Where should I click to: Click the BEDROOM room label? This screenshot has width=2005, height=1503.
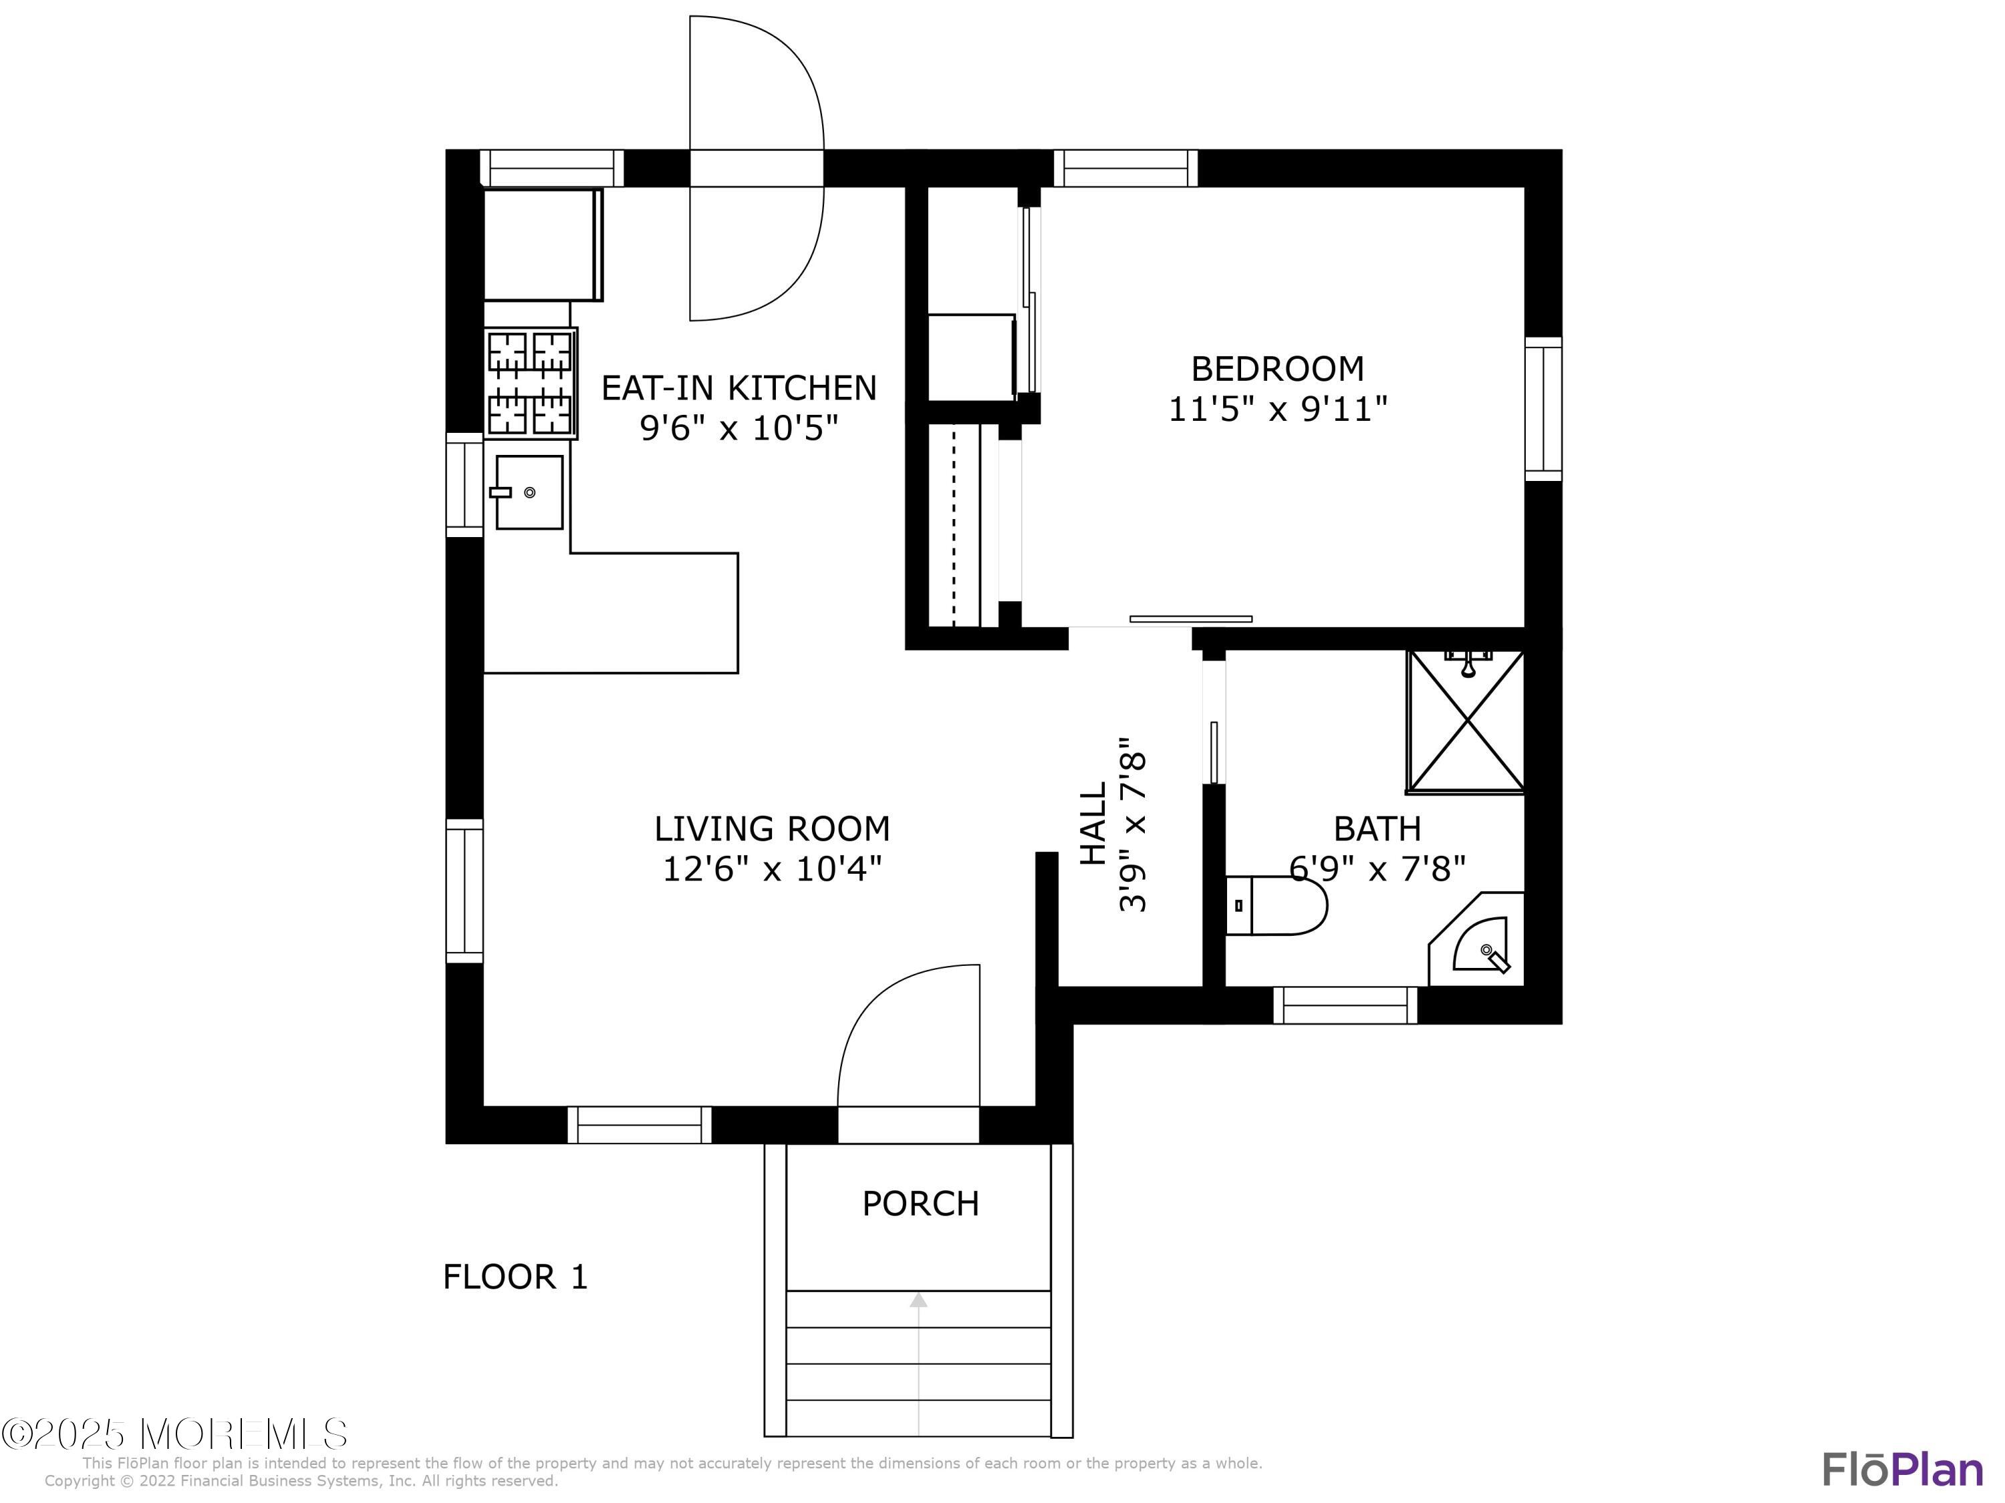(1277, 369)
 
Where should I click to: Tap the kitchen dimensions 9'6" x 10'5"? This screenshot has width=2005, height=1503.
(739, 428)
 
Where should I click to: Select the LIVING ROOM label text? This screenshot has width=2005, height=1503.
(771, 829)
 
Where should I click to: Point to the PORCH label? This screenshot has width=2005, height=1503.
(920, 1204)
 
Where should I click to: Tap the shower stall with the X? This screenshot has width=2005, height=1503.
(1466, 721)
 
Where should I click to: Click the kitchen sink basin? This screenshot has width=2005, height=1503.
(529, 492)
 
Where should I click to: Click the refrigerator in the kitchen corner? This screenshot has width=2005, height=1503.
(542, 244)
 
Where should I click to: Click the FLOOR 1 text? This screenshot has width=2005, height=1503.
(515, 1277)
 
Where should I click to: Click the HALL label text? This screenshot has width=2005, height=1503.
(1094, 824)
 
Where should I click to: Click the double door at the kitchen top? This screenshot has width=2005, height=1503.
(756, 168)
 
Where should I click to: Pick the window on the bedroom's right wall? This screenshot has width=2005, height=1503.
(1543, 409)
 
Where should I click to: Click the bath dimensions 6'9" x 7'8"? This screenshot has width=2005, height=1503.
(1377, 870)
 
